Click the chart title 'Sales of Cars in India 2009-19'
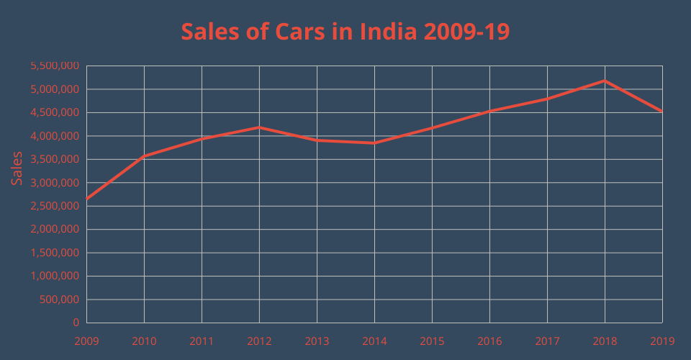(345, 32)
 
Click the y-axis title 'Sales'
(17, 168)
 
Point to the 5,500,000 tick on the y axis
(54, 66)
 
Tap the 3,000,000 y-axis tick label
(54, 183)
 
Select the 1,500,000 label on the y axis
(54, 253)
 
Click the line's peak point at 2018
(605, 81)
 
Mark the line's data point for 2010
(144, 156)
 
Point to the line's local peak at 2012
(259, 127)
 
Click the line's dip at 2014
(374, 143)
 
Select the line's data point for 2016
(489, 111)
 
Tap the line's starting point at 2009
(86, 199)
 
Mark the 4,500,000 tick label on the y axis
(54, 113)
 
